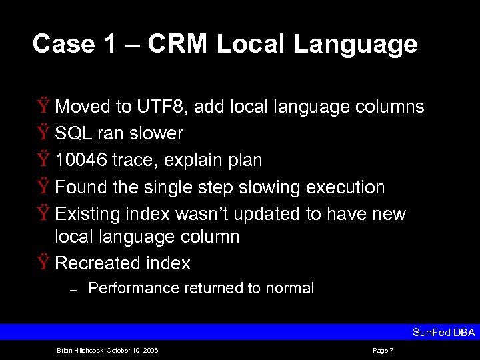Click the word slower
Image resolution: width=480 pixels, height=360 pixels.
(x=156, y=133)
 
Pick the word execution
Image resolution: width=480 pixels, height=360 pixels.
(x=345, y=187)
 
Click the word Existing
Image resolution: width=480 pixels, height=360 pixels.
(x=88, y=214)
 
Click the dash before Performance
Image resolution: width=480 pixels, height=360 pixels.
(x=75, y=289)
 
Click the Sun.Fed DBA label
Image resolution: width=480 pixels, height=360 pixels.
(x=443, y=333)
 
